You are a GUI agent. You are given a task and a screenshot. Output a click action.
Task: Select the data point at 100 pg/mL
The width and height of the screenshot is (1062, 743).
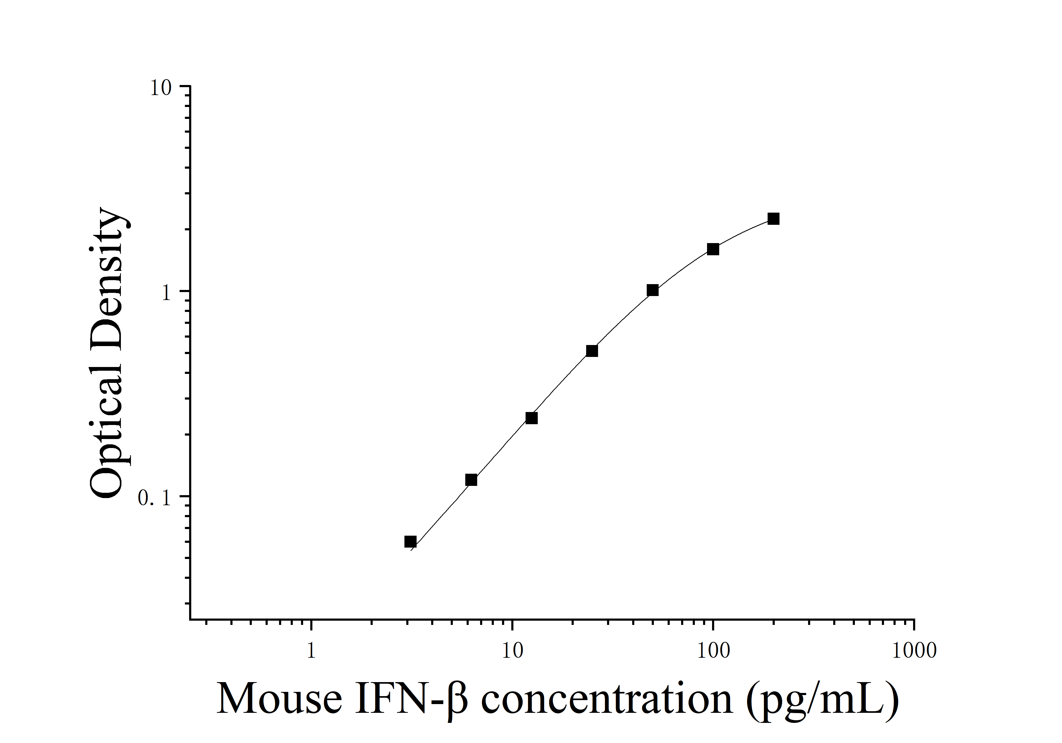713,249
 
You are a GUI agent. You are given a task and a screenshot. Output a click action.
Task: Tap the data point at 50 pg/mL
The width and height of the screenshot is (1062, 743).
653,290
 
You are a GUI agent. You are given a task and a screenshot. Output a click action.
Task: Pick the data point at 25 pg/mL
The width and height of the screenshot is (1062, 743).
592,351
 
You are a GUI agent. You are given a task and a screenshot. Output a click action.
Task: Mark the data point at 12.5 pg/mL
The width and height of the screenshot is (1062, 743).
531,418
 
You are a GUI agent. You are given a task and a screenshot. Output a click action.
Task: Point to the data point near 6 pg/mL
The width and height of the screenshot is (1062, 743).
471,480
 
